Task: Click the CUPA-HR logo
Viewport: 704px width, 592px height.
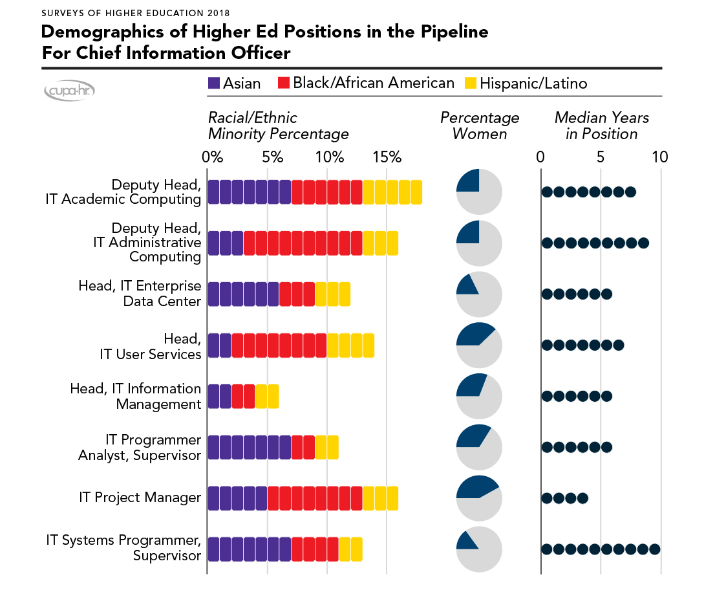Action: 69,92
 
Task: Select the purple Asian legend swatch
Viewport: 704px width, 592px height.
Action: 214,83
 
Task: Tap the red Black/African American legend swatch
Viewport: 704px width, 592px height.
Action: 284,83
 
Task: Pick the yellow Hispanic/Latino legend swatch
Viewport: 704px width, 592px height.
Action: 471,83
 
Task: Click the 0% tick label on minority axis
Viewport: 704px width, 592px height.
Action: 212,157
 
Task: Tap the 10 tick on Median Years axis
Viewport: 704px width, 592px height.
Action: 659,157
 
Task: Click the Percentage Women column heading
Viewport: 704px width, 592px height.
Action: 479,126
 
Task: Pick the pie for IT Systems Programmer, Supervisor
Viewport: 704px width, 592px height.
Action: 479,549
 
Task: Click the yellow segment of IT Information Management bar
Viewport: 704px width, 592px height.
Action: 267,396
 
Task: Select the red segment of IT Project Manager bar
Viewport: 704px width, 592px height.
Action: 315,498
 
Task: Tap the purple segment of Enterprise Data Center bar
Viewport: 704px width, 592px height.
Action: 243,294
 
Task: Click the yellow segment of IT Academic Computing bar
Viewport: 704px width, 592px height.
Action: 392,192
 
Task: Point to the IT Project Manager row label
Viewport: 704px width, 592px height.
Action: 140,498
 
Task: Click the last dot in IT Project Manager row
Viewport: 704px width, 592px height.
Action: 582,498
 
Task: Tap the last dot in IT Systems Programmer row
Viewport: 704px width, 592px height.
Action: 654,549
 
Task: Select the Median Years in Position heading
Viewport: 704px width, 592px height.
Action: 601,126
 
